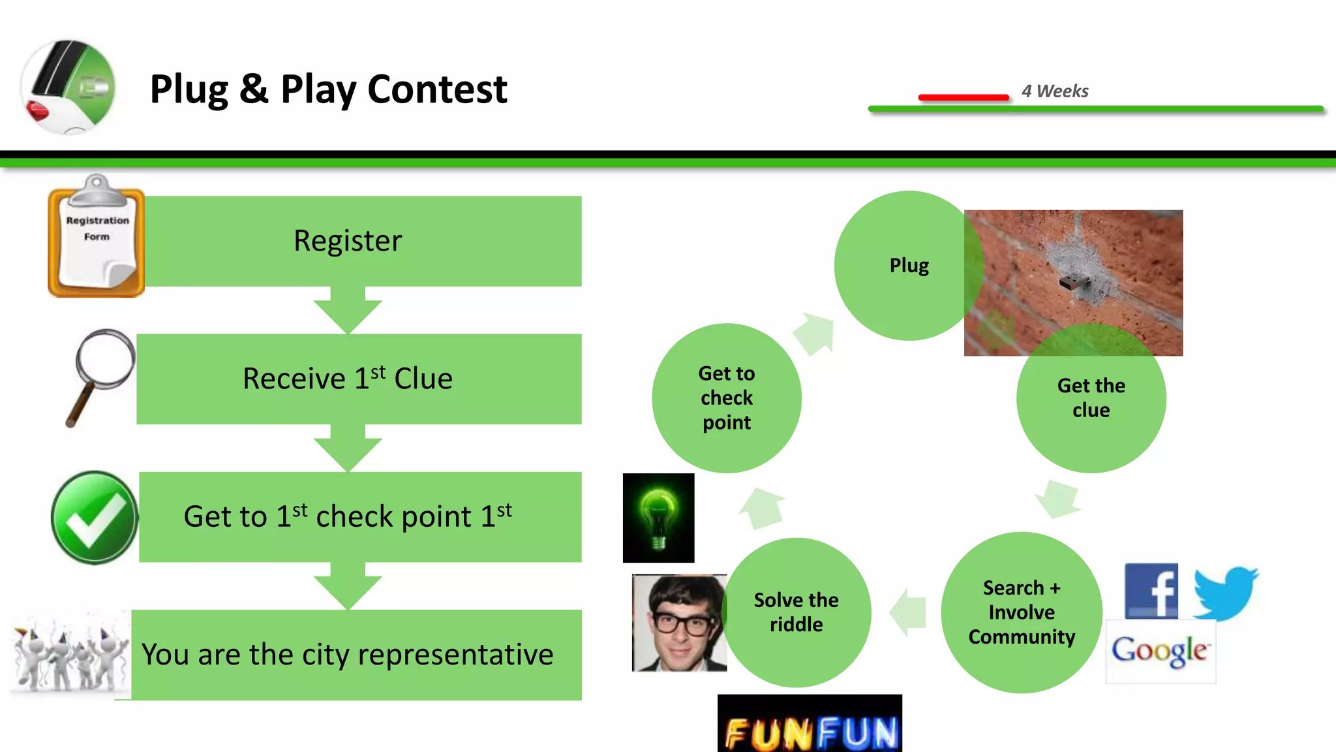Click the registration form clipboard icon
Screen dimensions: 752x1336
(x=97, y=238)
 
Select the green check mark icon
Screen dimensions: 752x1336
(x=95, y=518)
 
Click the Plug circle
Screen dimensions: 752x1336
(x=908, y=266)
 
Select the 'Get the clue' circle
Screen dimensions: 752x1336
(x=1091, y=398)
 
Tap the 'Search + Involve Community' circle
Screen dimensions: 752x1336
(x=1022, y=612)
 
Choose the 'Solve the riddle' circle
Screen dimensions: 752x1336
(x=797, y=612)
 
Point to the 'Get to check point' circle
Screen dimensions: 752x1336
(x=727, y=398)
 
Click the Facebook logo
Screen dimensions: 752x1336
(x=1151, y=591)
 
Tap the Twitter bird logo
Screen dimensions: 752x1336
(x=1226, y=593)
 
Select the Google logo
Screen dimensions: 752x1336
(x=1160, y=651)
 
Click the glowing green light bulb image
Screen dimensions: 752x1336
(x=658, y=518)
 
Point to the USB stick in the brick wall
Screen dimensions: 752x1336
(x=1073, y=283)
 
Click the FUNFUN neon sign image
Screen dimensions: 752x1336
(x=810, y=725)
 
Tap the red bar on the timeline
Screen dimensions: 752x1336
(x=963, y=97)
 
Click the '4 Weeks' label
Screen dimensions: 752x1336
(x=1055, y=91)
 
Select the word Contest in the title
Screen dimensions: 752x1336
(x=437, y=89)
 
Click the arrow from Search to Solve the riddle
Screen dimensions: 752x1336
(x=907, y=612)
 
